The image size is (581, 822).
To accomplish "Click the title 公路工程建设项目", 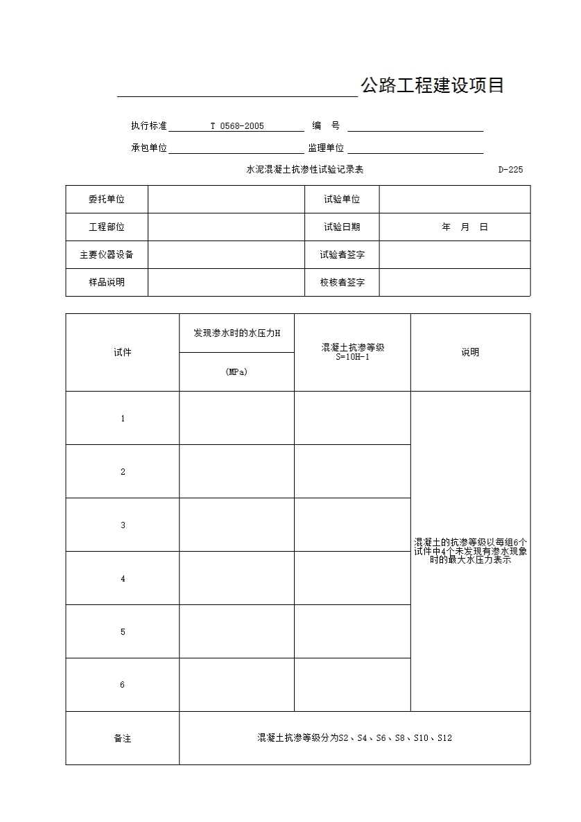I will point(432,86).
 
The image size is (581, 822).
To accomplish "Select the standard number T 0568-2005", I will point(237,126).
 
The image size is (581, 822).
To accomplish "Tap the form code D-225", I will point(510,170).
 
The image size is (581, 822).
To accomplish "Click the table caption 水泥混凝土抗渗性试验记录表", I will point(305,170).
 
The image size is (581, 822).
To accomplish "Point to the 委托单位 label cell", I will point(107,200).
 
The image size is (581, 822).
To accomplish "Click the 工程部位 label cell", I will point(107,227).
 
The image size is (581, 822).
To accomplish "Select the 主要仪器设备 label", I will point(107,255).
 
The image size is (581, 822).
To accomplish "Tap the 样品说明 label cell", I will point(107,283).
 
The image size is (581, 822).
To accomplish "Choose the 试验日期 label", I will point(342,227).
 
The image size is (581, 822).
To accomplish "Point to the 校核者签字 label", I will point(342,283).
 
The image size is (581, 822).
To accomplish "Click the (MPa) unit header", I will point(236,372).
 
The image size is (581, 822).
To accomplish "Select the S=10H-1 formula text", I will point(352,357).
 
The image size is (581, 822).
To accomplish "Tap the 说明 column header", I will point(470,352).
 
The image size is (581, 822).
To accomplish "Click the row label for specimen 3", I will point(123,525).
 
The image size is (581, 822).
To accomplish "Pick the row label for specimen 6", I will point(123,685).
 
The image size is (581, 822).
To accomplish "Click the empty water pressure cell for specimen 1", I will point(236,419).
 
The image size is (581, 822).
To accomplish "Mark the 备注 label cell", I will point(123,739).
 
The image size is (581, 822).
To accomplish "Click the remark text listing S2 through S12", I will point(354,739).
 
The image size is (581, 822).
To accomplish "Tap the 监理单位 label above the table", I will point(326,148).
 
